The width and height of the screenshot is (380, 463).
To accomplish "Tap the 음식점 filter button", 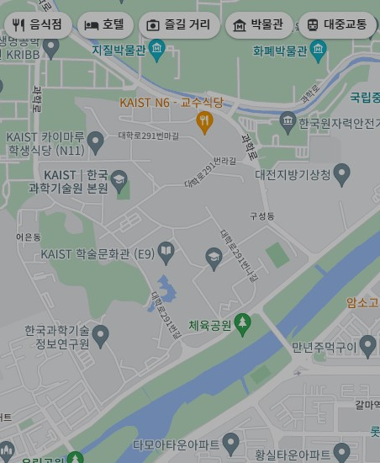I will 38,25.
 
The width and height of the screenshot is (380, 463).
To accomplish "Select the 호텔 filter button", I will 105,25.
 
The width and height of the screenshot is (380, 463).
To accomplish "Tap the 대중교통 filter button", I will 337,25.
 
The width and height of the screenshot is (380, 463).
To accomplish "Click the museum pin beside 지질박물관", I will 156,53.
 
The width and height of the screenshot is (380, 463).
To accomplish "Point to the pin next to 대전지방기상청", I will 341,174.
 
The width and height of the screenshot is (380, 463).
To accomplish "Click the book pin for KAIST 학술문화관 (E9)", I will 166,253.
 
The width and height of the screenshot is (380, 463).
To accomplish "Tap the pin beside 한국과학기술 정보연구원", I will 101,337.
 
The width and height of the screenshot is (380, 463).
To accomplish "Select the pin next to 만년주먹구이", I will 367,346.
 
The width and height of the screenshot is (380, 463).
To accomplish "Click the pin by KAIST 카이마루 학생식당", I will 95,140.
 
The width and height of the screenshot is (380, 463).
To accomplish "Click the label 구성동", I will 261,216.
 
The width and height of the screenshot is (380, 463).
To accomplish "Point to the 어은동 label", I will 28,238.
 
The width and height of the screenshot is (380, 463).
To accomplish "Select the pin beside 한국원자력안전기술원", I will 288,124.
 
